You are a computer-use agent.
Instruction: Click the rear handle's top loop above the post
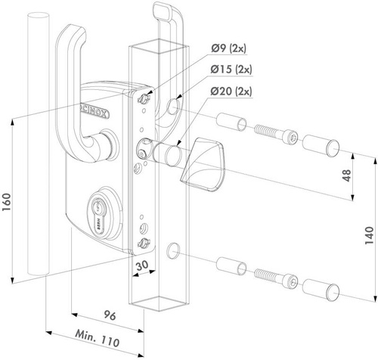[x=162, y=15]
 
